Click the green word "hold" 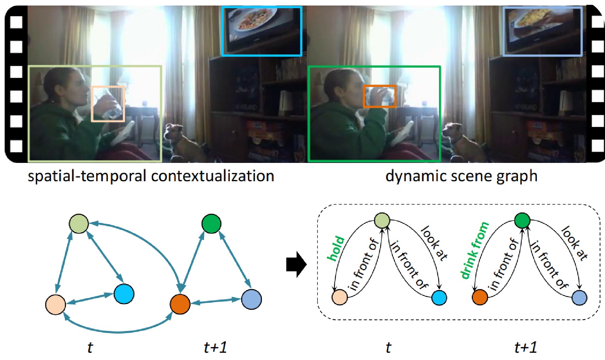(x=336, y=248)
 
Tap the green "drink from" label (x=475, y=250)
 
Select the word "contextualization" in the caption (x=213, y=176)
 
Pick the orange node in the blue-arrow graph (x=180, y=304)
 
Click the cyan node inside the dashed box (x=439, y=298)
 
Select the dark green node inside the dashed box (x=522, y=220)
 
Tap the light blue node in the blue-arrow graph (x=251, y=299)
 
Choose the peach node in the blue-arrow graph (x=56, y=305)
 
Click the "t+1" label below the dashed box (x=526, y=347)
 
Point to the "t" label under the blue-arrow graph (x=90, y=347)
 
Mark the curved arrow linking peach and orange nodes (x=117, y=331)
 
